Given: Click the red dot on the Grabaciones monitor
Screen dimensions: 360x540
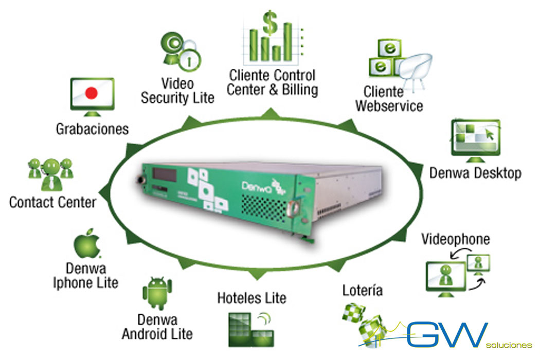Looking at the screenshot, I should tap(91, 93).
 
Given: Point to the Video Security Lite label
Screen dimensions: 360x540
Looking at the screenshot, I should tap(177, 91).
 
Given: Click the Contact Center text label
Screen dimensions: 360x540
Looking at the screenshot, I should tap(52, 202).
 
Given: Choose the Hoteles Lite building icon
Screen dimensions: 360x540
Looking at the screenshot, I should tap(250, 327).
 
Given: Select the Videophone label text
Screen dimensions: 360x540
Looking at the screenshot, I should tap(456, 239).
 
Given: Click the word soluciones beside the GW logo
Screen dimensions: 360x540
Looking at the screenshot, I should tap(509, 345).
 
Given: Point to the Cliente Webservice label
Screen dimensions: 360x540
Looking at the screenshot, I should tap(389, 99).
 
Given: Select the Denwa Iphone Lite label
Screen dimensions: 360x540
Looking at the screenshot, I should tap(86, 275).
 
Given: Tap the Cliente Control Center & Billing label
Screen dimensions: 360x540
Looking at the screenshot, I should tap(273, 82).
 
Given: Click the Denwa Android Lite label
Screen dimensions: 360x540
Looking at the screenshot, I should tap(157, 326).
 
